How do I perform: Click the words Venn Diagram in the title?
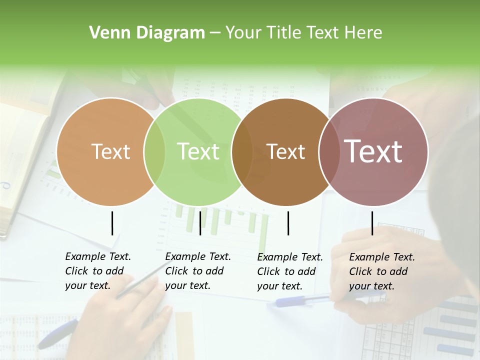(147, 33)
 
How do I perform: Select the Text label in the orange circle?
(110, 151)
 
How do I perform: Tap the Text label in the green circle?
(198, 151)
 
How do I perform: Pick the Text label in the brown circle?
(285, 151)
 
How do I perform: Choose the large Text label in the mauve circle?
(373, 151)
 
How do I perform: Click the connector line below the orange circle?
(112, 223)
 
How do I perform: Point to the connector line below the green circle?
(200, 223)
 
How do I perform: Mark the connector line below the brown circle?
(288, 223)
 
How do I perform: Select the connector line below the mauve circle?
(372, 223)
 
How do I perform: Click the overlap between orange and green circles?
(154, 151)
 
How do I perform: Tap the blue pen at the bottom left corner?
(57, 334)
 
